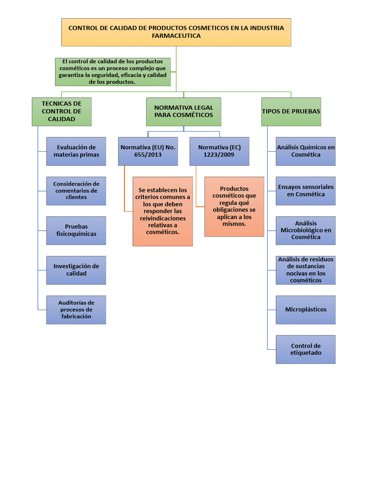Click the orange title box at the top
pyautogui.click(x=176, y=32)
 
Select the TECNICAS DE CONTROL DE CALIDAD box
pyautogui.click(x=62, y=111)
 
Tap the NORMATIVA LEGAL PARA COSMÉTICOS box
pyautogui.click(x=183, y=111)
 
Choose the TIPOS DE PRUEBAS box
pyautogui.click(x=291, y=111)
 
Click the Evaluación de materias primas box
pyautogui.click(x=76, y=151)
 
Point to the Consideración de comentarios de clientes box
pyautogui.click(x=76, y=190)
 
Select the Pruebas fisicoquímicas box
pyautogui.click(x=76, y=230)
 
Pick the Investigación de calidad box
pyautogui.click(x=76, y=270)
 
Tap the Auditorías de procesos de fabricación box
pyautogui.click(x=76, y=310)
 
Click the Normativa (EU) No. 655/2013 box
pyautogui.click(x=148, y=151)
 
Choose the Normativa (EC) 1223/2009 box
pyautogui.click(x=219, y=151)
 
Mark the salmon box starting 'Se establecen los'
pyautogui.click(x=162, y=211)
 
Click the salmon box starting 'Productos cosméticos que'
pyautogui.click(x=234, y=206)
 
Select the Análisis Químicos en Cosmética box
pyautogui.click(x=305, y=151)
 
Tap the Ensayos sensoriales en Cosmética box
pyautogui.click(x=305, y=190)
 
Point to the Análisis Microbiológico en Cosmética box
pyautogui.click(x=305, y=230)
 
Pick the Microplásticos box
pyautogui.click(x=305, y=310)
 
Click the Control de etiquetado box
pyautogui.click(x=305, y=349)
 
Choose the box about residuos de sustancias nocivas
pyautogui.click(x=305, y=270)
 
